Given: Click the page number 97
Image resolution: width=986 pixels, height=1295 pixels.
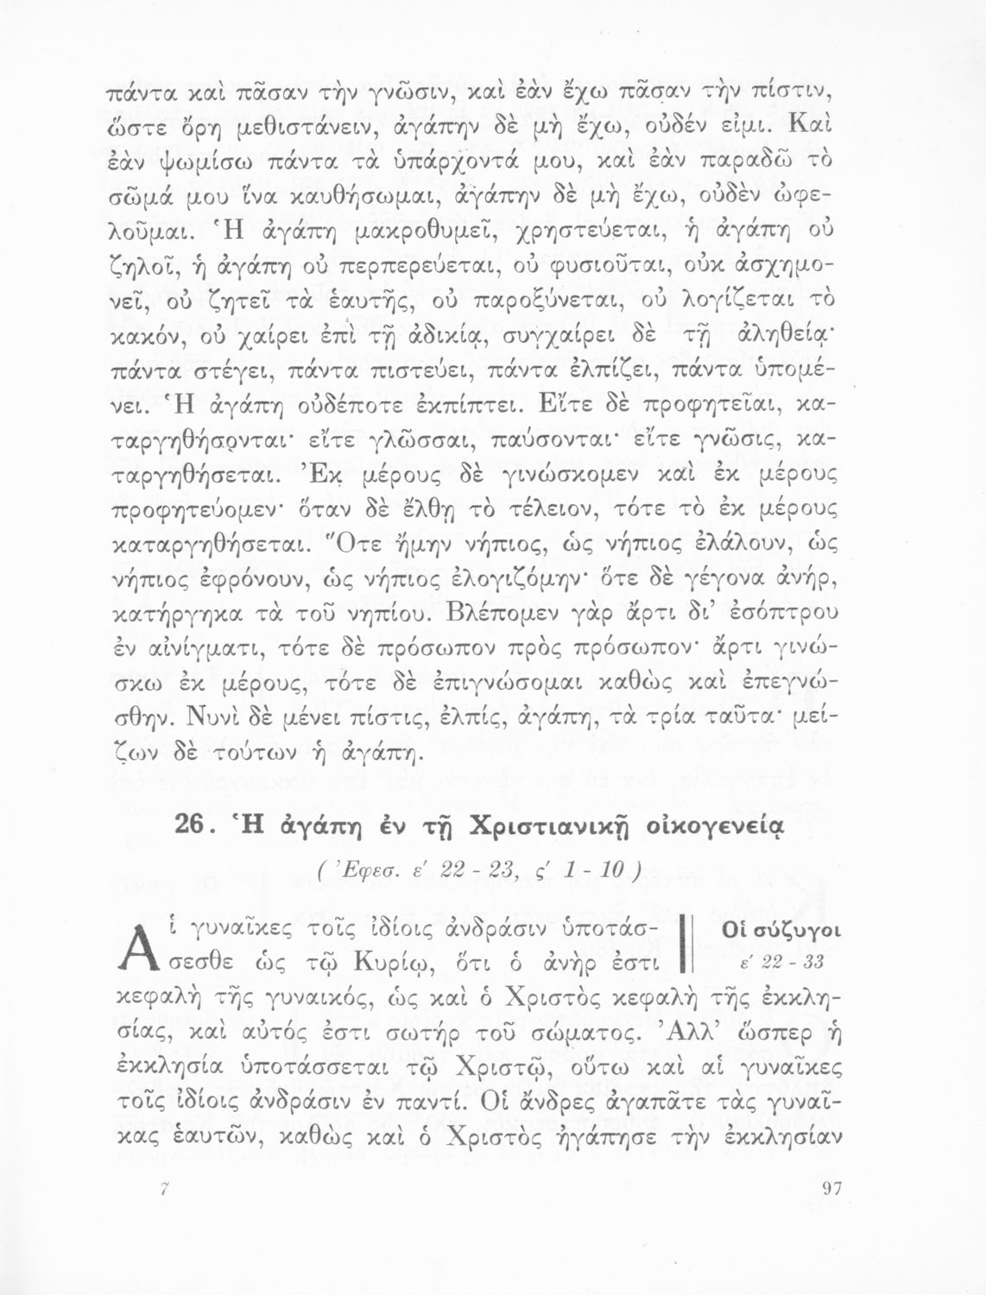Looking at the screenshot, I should point(831,1189).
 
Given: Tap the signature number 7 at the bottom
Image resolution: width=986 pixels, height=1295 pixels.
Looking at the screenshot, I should point(162,1189).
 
